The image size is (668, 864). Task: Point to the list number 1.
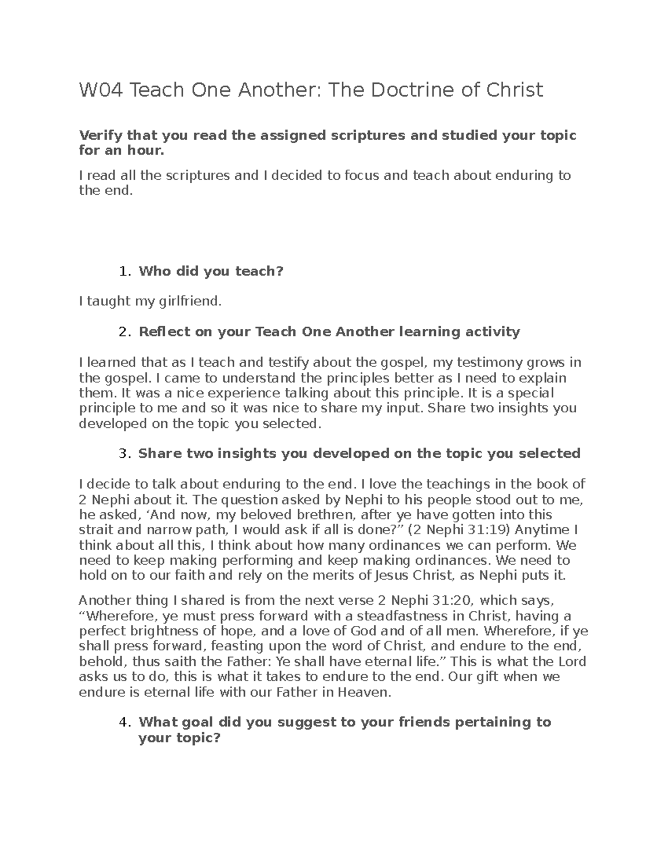click(x=124, y=271)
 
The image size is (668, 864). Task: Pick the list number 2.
click(x=124, y=332)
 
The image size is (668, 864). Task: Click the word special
click(x=528, y=393)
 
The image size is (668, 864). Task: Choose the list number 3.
click(x=124, y=453)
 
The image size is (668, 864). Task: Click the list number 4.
click(x=124, y=723)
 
